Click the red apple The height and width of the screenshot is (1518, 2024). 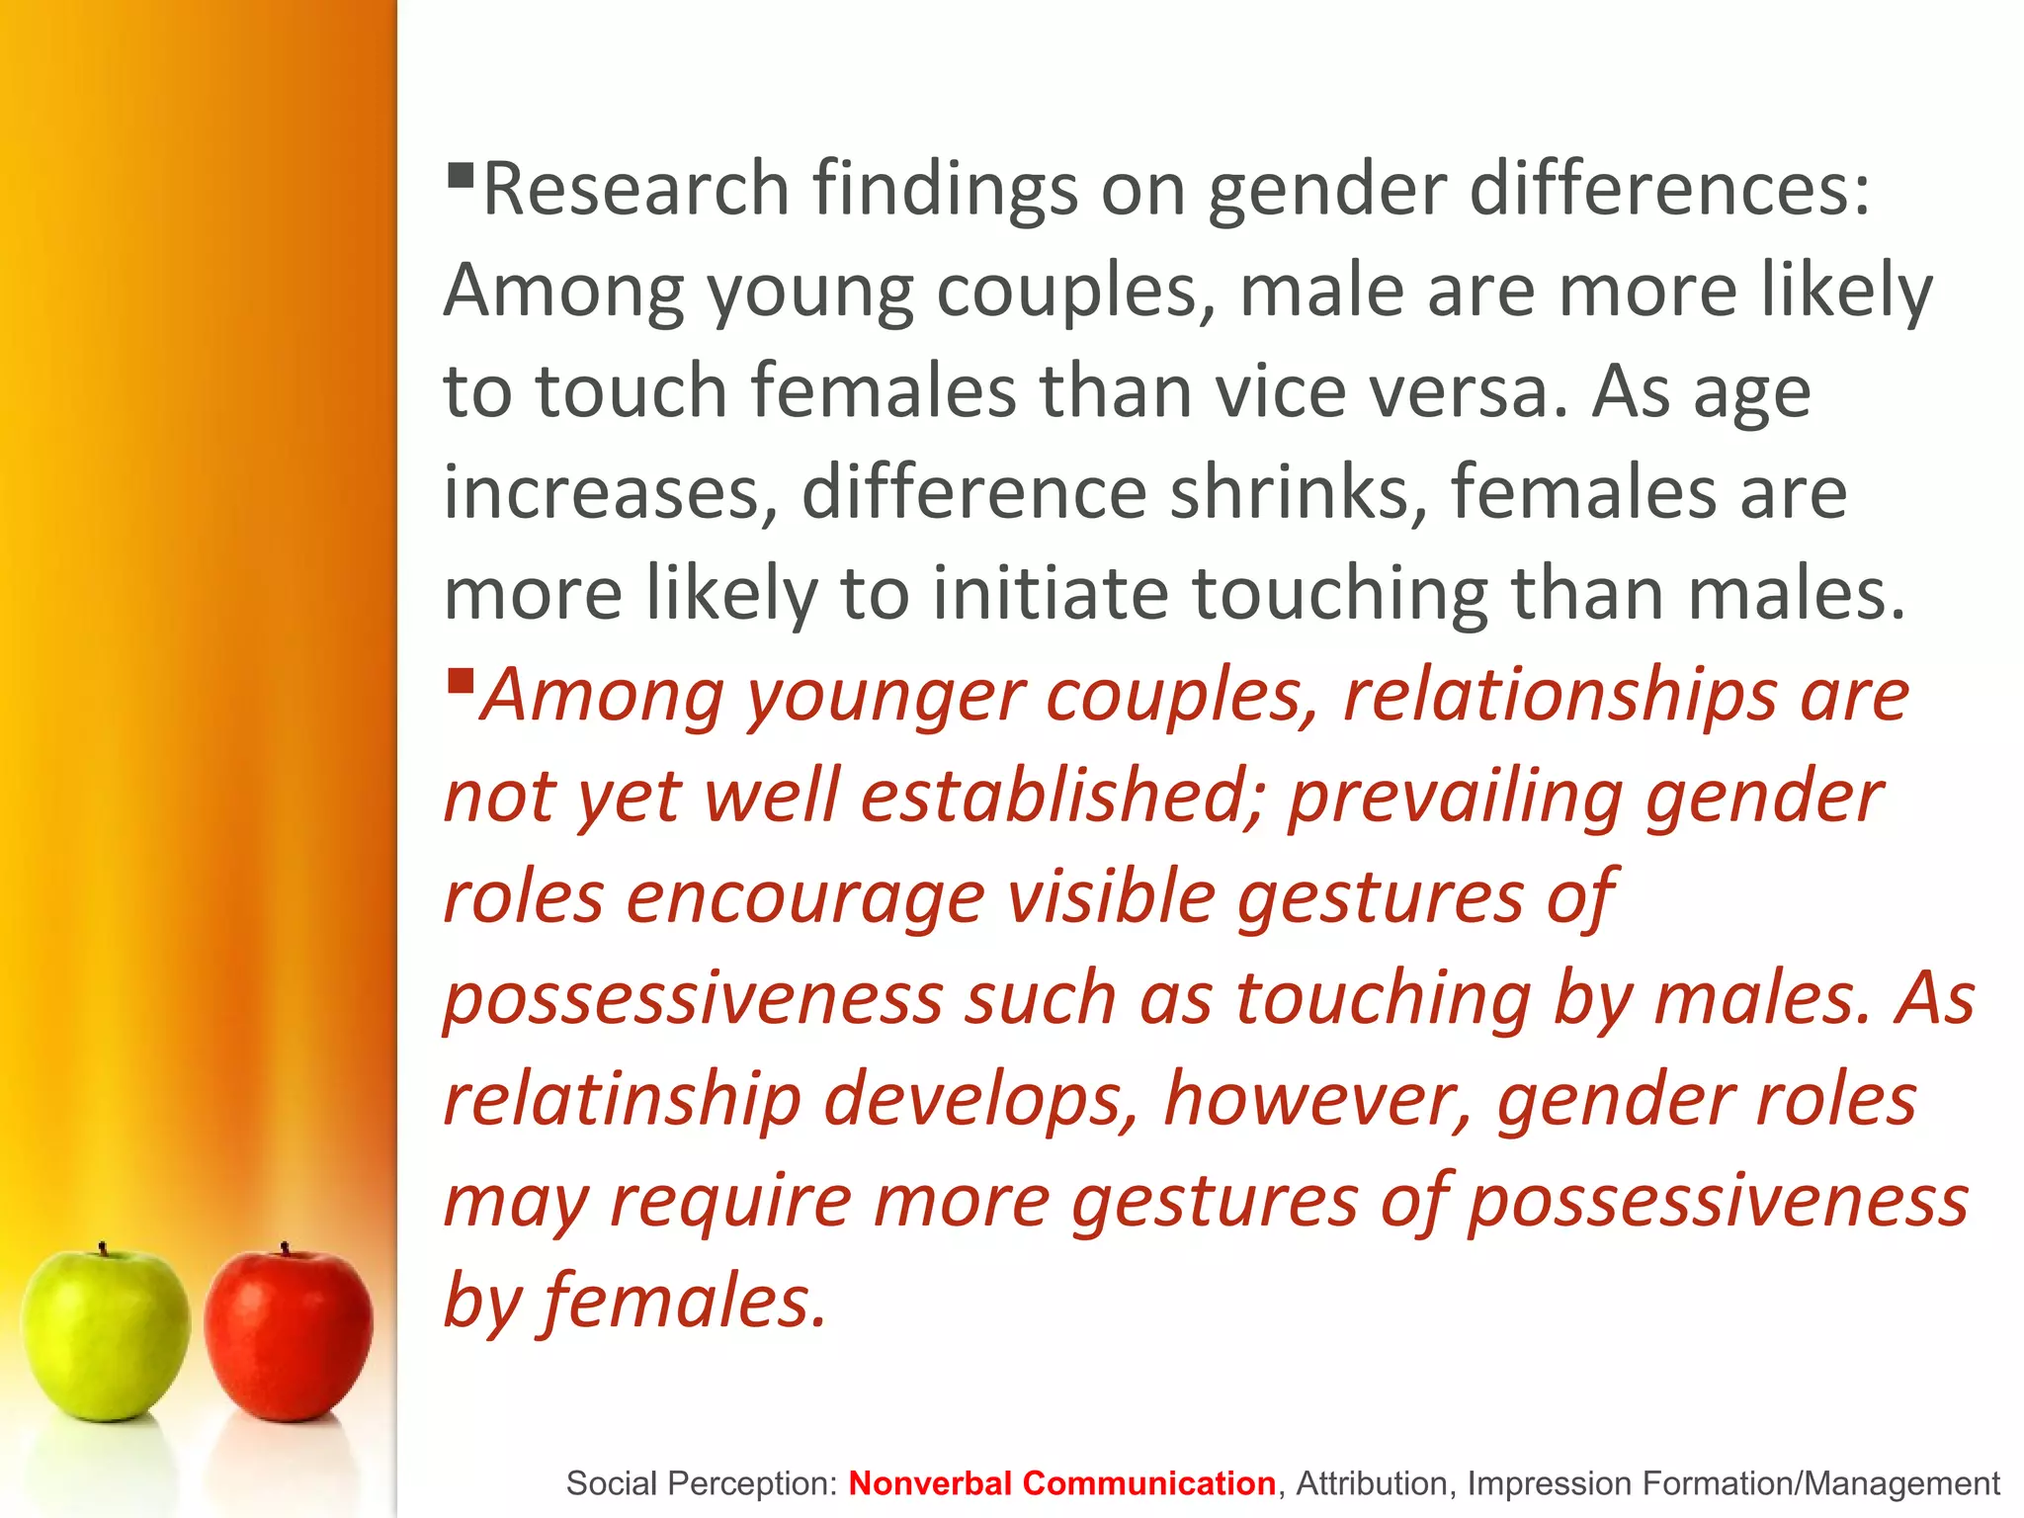point(289,1336)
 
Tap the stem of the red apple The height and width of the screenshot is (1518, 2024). point(285,1249)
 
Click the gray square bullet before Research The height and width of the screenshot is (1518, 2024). point(461,177)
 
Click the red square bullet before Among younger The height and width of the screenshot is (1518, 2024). point(461,681)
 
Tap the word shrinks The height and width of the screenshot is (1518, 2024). point(1299,491)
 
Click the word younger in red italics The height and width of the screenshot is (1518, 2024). point(885,696)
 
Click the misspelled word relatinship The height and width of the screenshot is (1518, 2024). point(622,1100)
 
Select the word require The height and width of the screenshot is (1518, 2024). point(730,1201)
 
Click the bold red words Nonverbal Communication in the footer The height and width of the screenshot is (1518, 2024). point(1061,1483)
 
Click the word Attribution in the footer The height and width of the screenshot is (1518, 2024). point(1372,1483)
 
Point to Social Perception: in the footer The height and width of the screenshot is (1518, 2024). point(702,1483)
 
